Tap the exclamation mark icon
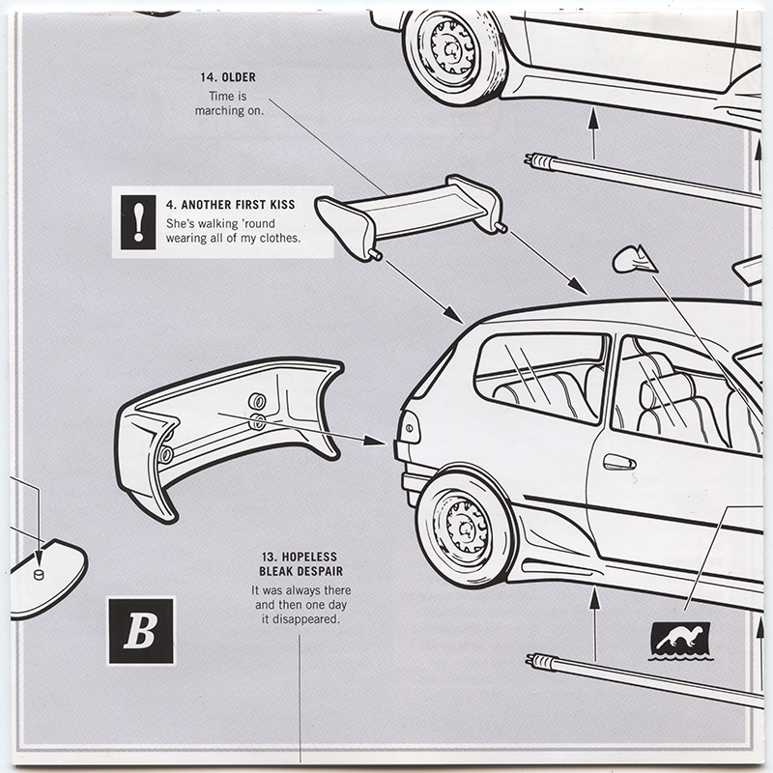click(x=139, y=220)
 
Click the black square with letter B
click(x=141, y=631)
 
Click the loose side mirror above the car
click(x=634, y=258)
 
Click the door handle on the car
click(x=618, y=463)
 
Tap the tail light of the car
click(x=408, y=427)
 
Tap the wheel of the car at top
click(x=452, y=50)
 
